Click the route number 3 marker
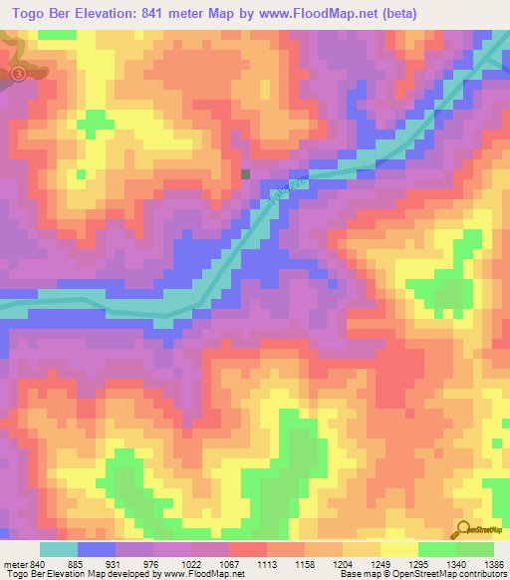click(18, 74)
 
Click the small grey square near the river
click(246, 173)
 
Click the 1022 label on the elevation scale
click(202, 564)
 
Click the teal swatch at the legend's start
click(60, 549)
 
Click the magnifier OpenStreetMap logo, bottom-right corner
click(464, 530)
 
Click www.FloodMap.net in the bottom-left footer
click(204, 574)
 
